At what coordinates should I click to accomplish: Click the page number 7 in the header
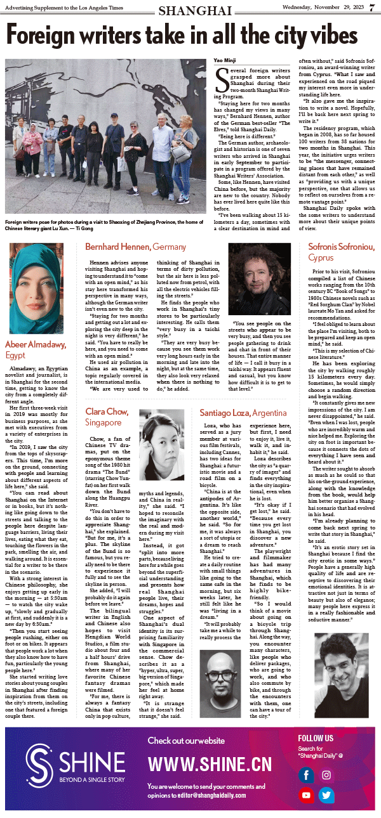(372, 10)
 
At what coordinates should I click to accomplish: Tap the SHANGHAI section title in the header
(195, 10)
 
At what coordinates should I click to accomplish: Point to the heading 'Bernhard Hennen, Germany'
(135, 246)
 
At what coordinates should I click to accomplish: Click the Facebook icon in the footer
(306, 775)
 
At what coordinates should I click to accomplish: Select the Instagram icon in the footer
(326, 775)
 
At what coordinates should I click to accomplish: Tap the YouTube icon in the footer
(307, 795)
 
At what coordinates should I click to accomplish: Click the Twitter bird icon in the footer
(326, 795)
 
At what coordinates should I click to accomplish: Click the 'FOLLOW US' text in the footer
(316, 739)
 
